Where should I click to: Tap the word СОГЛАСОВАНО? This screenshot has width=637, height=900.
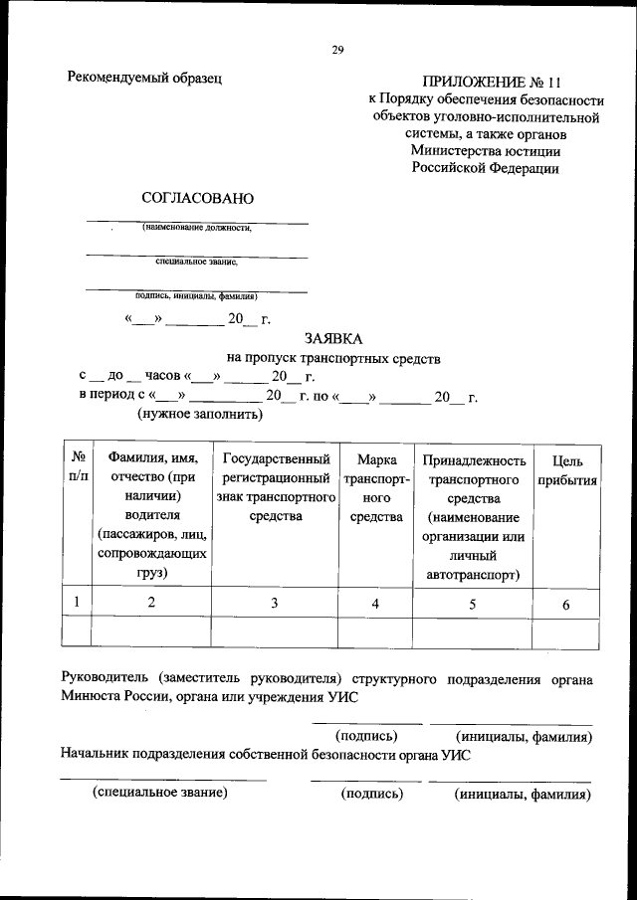(x=198, y=198)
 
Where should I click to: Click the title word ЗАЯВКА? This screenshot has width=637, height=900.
(x=333, y=338)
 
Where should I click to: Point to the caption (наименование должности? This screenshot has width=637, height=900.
(x=197, y=228)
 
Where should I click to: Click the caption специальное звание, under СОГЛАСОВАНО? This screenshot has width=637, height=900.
(x=197, y=262)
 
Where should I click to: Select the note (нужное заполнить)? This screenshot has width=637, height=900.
(x=199, y=414)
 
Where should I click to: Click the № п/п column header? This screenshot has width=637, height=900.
(x=78, y=468)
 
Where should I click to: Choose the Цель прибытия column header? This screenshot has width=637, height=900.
(x=566, y=470)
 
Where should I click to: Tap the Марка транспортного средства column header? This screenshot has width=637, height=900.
(x=375, y=488)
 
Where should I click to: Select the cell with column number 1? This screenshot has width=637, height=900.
(x=78, y=602)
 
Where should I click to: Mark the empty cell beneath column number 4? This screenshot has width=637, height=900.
(x=375, y=632)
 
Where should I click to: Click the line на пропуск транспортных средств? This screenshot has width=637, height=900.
(x=333, y=358)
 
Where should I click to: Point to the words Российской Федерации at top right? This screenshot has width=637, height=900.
(x=486, y=168)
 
